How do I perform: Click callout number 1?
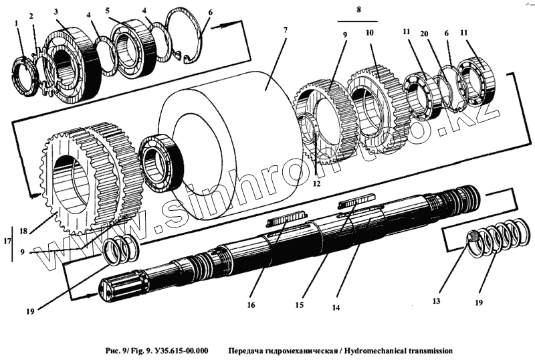[x=16, y=23]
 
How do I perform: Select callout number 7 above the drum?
[x=286, y=30]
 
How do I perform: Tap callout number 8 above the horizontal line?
[x=358, y=9]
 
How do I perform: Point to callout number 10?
[x=370, y=33]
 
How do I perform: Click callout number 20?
[x=424, y=34]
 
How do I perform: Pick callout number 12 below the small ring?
[x=316, y=184]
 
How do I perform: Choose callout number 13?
[x=436, y=301]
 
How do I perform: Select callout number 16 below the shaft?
[x=251, y=305]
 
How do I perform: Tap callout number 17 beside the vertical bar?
[x=7, y=241]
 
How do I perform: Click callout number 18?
[x=23, y=232]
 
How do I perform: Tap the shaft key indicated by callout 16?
[x=286, y=219]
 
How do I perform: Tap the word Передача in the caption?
[x=243, y=351]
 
